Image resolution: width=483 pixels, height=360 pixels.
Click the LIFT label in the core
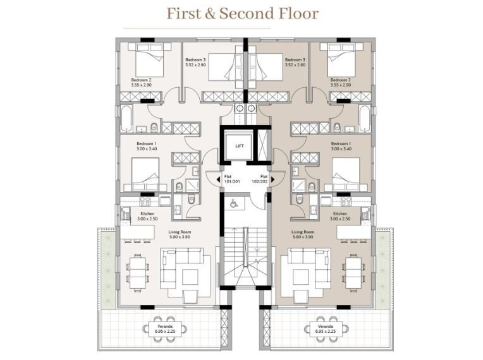click(x=240, y=146)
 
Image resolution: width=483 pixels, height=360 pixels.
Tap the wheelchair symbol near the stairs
click(x=234, y=203)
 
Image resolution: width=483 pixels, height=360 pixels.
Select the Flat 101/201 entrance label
click(x=232, y=179)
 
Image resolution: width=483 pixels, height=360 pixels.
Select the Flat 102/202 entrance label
click(x=260, y=179)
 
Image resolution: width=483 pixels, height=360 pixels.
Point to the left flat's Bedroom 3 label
click(x=195, y=62)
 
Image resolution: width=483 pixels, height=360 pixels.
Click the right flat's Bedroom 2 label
click(x=341, y=82)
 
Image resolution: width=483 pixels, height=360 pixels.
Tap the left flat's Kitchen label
click(x=147, y=216)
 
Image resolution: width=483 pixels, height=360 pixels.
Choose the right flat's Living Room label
click(x=303, y=234)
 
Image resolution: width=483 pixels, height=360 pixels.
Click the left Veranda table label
click(x=165, y=328)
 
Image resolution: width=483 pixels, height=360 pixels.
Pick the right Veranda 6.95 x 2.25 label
click(x=326, y=328)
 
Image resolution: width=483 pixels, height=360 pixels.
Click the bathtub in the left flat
click(x=126, y=119)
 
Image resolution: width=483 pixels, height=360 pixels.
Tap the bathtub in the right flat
click(x=364, y=119)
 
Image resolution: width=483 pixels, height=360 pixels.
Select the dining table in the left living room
click(x=138, y=273)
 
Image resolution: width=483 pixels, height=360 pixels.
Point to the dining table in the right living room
click(x=353, y=273)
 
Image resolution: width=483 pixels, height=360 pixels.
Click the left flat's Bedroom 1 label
click(x=147, y=146)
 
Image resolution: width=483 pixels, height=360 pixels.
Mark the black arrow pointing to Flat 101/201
click(x=218, y=179)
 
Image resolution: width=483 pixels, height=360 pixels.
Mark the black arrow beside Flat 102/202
click(x=272, y=179)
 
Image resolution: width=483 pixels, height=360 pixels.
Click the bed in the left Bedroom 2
click(x=149, y=60)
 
